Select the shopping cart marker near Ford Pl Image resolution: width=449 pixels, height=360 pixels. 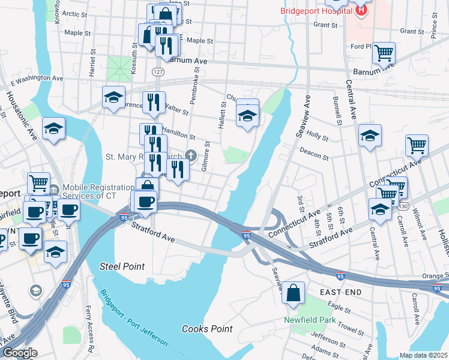384,52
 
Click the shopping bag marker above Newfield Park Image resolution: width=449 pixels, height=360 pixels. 293,293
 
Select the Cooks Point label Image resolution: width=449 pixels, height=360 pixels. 207,329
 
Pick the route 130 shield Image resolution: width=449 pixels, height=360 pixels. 400,206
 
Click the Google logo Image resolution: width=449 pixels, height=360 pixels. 19,353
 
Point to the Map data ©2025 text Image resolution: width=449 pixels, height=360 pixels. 423,355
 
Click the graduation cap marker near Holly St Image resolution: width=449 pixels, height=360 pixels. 370,136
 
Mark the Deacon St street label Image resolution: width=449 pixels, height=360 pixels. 314,154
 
